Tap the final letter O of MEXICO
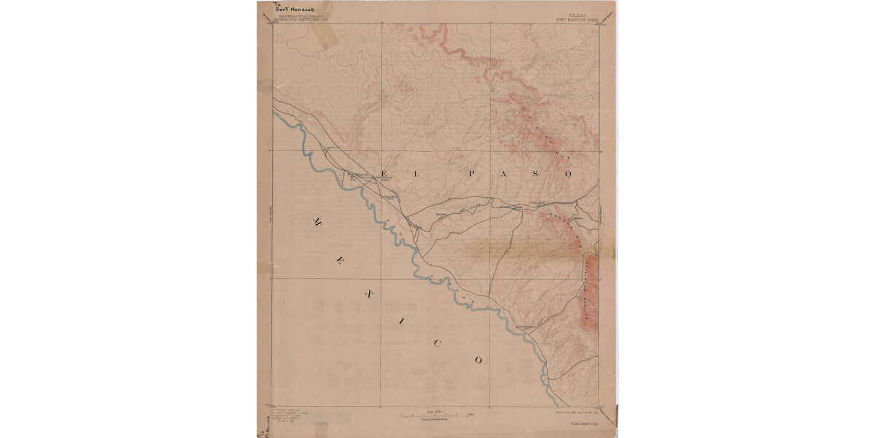coord(479,360)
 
